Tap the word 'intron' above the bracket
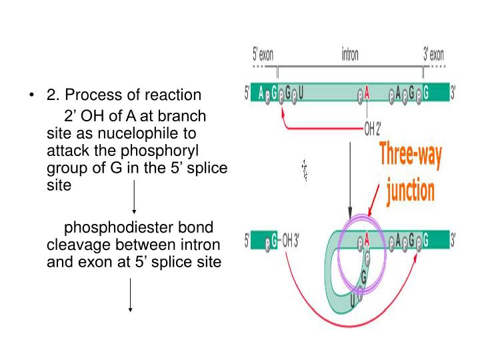349,54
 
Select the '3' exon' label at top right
434,54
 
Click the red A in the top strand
366,94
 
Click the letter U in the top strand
301,93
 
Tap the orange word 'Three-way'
410,157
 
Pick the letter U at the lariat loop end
353,301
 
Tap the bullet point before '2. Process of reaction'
31,95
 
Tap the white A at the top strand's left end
261,93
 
